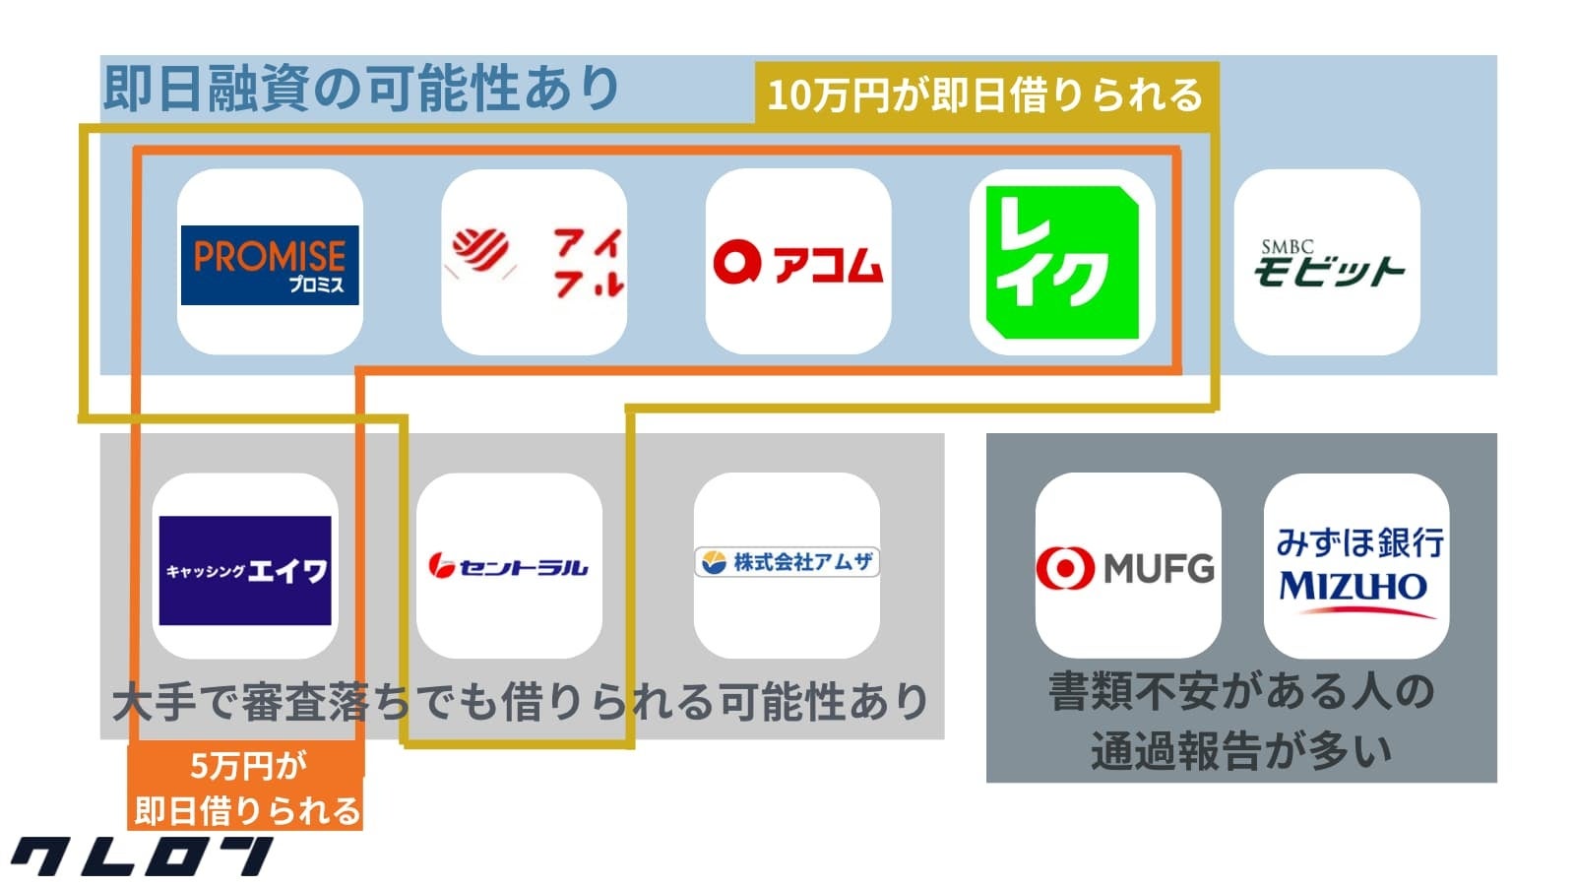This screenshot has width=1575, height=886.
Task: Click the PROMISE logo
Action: [x=270, y=264]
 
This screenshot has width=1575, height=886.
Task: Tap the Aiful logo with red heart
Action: [x=535, y=262]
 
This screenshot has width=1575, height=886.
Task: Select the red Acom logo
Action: [x=798, y=263]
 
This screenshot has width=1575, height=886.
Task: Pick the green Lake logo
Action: [x=1062, y=262]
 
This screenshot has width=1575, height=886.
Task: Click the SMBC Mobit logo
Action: [x=1327, y=264]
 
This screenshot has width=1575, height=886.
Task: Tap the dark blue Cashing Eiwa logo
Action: [x=245, y=569]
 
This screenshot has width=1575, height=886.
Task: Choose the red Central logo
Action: [x=508, y=566]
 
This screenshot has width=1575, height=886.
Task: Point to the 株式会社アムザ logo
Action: [x=787, y=562]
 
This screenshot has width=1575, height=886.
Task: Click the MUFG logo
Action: [x=1126, y=568]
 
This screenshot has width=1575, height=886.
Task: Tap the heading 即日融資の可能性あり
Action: [x=360, y=89]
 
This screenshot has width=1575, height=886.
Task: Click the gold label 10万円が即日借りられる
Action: [x=985, y=95]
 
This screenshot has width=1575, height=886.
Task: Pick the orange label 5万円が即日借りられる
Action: [x=246, y=789]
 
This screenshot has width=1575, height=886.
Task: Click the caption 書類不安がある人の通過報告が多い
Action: [x=1241, y=721]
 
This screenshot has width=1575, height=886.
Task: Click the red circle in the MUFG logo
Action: [x=1065, y=569]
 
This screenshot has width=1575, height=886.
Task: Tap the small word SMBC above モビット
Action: [x=1287, y=247]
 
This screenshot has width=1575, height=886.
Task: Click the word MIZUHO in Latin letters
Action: [x=1353, y=587]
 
